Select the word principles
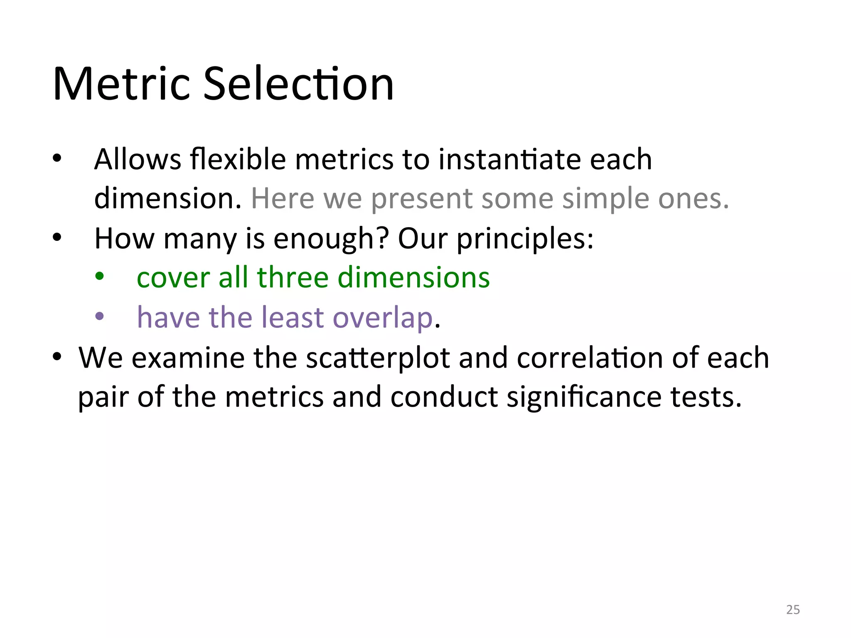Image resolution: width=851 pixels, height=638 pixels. pyautogui.click(x=524, y=239)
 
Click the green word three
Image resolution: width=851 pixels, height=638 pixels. pyautogui.click(x=293, y=277)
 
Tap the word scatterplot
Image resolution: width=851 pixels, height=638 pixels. pyautogui.click(x=378, y=358)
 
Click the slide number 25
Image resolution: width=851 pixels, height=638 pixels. pyautogui.click(x=793, y=610)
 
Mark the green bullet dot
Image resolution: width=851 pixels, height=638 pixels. pyautogui.click(x=99, y=277)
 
